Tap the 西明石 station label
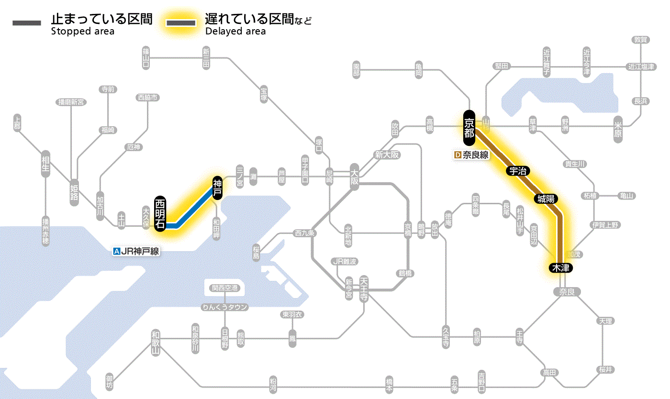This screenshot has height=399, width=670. (160, 214)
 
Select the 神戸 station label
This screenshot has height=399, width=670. (217, 188)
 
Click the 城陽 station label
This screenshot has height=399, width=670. (546, 199)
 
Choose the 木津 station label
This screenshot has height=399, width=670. (560, 268)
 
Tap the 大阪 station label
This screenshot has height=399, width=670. (354, 178)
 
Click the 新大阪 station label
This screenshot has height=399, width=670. (387, 155)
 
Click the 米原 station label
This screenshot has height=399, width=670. (618, 130)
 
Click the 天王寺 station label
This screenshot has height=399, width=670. (364, 288)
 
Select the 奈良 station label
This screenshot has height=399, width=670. (566, 292)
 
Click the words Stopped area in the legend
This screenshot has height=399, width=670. (82, 32)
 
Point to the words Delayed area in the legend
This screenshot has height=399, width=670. (235, 32)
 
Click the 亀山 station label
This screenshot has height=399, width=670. (626, 196)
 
